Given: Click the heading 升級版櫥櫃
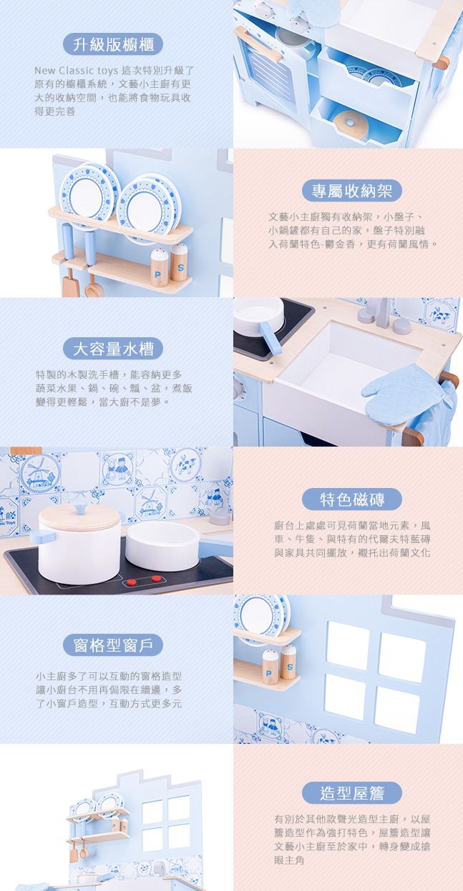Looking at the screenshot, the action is (x=113, y=44).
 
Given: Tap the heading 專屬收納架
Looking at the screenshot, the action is (x=352, y=191).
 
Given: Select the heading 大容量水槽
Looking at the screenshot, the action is (x=113, y=349).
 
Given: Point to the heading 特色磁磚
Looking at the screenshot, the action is (x=352, y=499).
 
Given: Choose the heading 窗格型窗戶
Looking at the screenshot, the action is (x=113, y=645).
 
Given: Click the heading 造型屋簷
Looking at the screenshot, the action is (x=352, y=792).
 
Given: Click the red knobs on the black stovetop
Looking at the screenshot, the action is (x=144, y=580).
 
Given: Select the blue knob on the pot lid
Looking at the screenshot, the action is (x=79, y=507).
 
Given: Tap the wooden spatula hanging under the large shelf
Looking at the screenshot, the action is (x=69, y=282).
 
